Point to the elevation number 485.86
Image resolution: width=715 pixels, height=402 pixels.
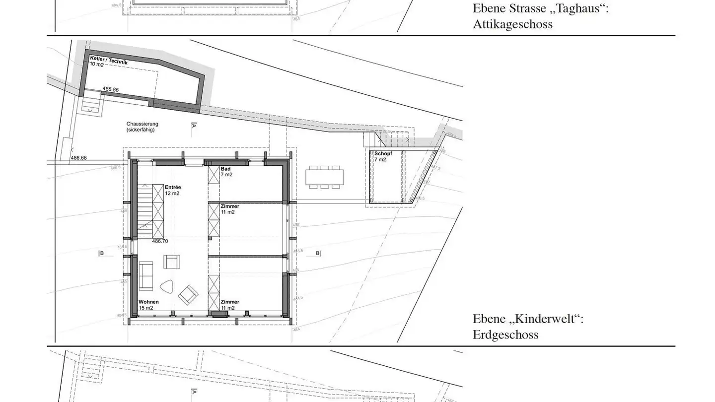111,89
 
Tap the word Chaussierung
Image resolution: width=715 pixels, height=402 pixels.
142,124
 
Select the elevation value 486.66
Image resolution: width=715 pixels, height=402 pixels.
78,158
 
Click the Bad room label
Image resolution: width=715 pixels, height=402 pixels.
225,169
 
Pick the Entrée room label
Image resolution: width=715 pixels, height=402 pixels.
173,187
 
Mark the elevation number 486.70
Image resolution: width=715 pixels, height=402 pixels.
160,241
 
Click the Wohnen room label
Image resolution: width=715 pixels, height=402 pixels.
148,302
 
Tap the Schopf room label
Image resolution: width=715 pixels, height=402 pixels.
383,154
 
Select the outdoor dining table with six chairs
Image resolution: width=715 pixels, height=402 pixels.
324,177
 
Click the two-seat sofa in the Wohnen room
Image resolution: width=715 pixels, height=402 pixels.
146,275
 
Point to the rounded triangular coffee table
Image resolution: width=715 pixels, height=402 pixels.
166,287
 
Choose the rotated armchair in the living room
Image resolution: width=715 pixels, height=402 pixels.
188,295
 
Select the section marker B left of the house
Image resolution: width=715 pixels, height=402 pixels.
101,254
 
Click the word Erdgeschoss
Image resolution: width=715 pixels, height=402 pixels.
505,335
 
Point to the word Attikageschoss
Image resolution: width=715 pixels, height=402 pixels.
512,24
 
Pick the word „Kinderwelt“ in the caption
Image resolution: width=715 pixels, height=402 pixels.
548,319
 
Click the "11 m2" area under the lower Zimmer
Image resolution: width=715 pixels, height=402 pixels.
227,308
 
